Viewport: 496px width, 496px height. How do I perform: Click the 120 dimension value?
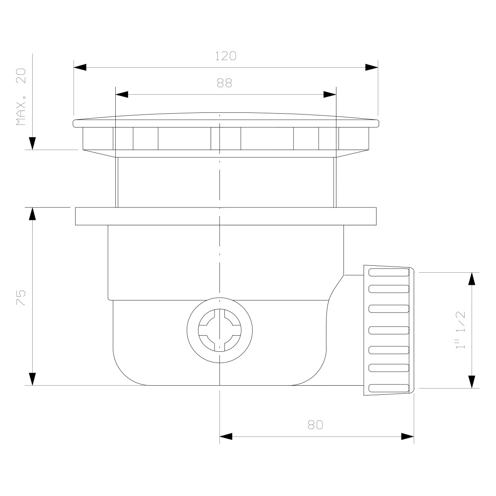(x=226, y=56)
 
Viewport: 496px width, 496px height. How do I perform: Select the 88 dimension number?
(x=224, y=83)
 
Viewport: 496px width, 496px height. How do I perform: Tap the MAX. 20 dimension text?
(x=21, y=97)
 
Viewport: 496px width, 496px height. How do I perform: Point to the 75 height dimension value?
(x=21, y=298)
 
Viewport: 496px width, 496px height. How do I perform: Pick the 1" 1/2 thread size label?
(x=460, y=330)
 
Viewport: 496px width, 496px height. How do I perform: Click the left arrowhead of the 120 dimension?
(x=80, y=67)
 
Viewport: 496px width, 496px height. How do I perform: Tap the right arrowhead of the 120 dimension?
(x=372, y=67)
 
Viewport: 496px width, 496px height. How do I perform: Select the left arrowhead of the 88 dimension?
(x=122, y=95)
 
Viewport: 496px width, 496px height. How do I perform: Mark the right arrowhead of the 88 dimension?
(x=330, y=95)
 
